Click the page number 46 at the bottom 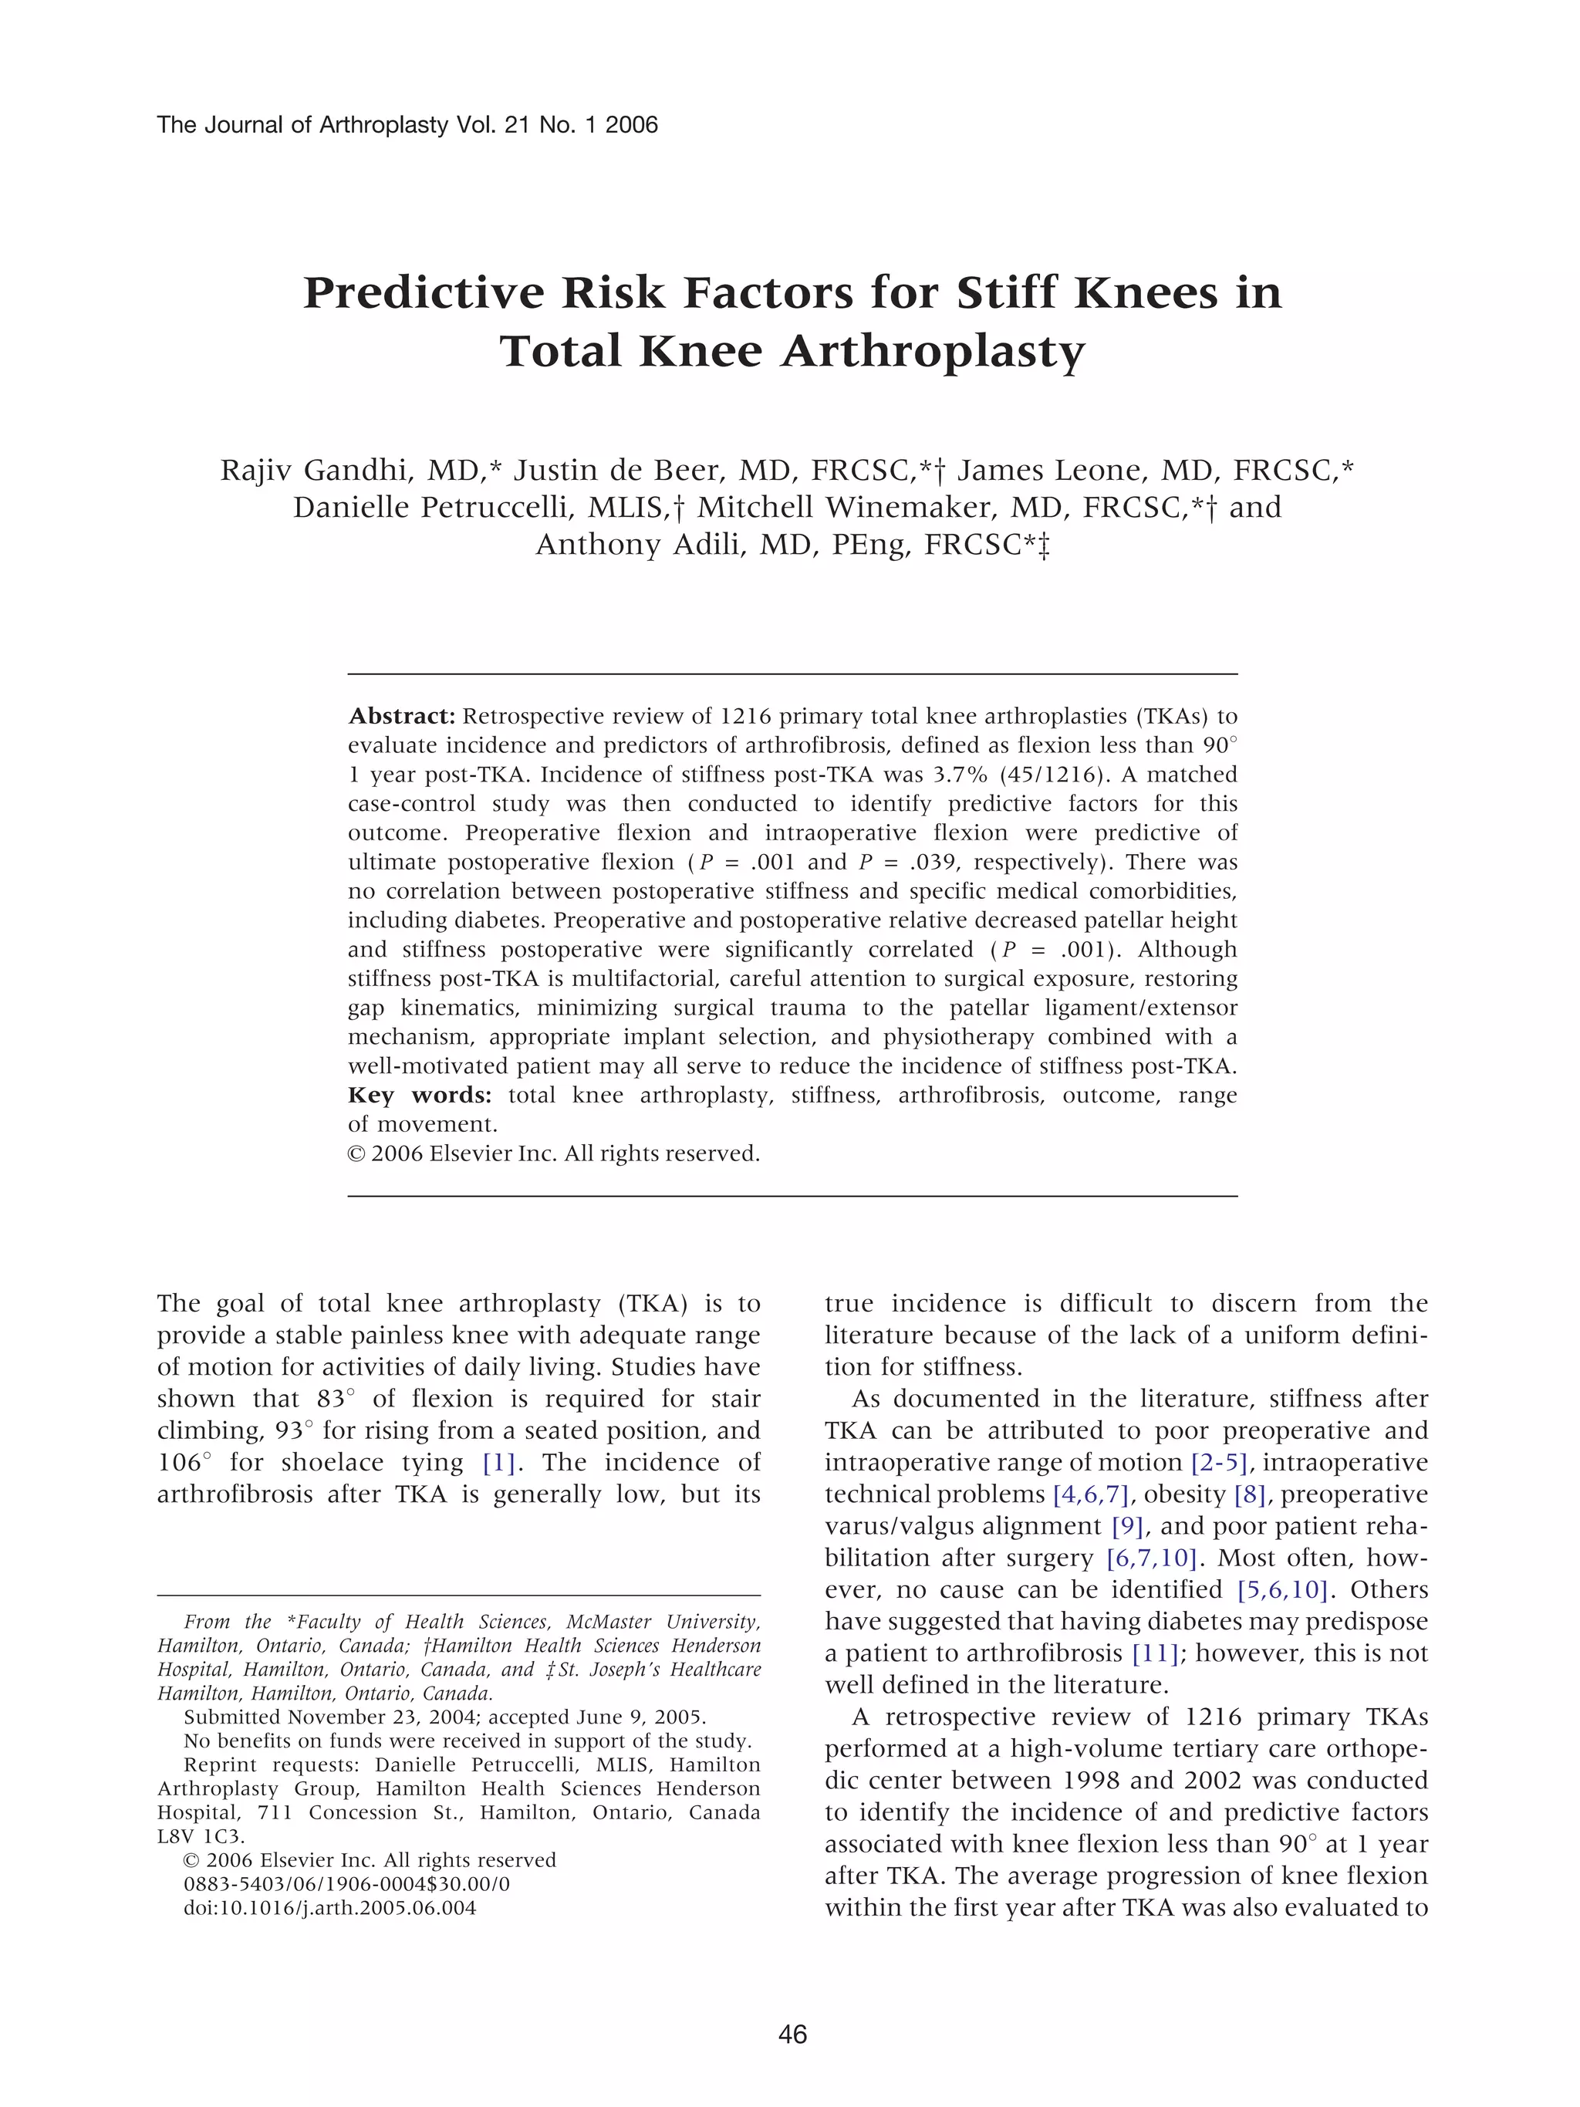(x=792, y=2034)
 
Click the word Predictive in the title (x=423, y=292)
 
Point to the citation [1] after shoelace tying (x=498, y=1462)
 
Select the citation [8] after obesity (x=1250, y=1494)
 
